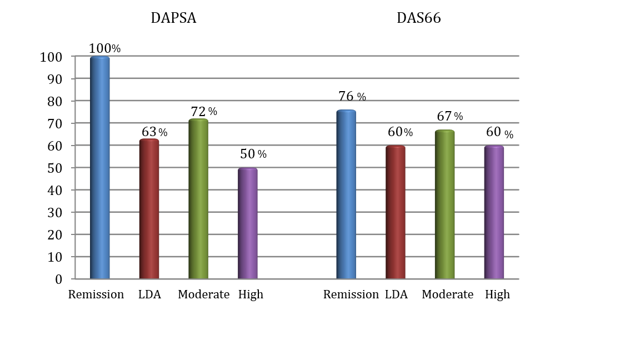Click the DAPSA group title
coord(173,18)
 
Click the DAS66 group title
coord(418,18)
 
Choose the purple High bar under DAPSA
coord(248,223)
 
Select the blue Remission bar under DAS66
coord(346,194)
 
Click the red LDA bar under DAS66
coord(395,212)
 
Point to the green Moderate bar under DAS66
coord(444,204)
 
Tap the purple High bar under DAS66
coord(494,212)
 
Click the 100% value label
coord(104,48)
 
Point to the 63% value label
coord(154,132)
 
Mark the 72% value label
coord(203,112)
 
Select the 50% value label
coord(253,154)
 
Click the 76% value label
coord(352,97)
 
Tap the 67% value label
coord(449,116)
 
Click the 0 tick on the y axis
coord(58,279)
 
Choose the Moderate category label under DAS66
coord(447,294)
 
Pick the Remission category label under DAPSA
coord(96,294)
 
